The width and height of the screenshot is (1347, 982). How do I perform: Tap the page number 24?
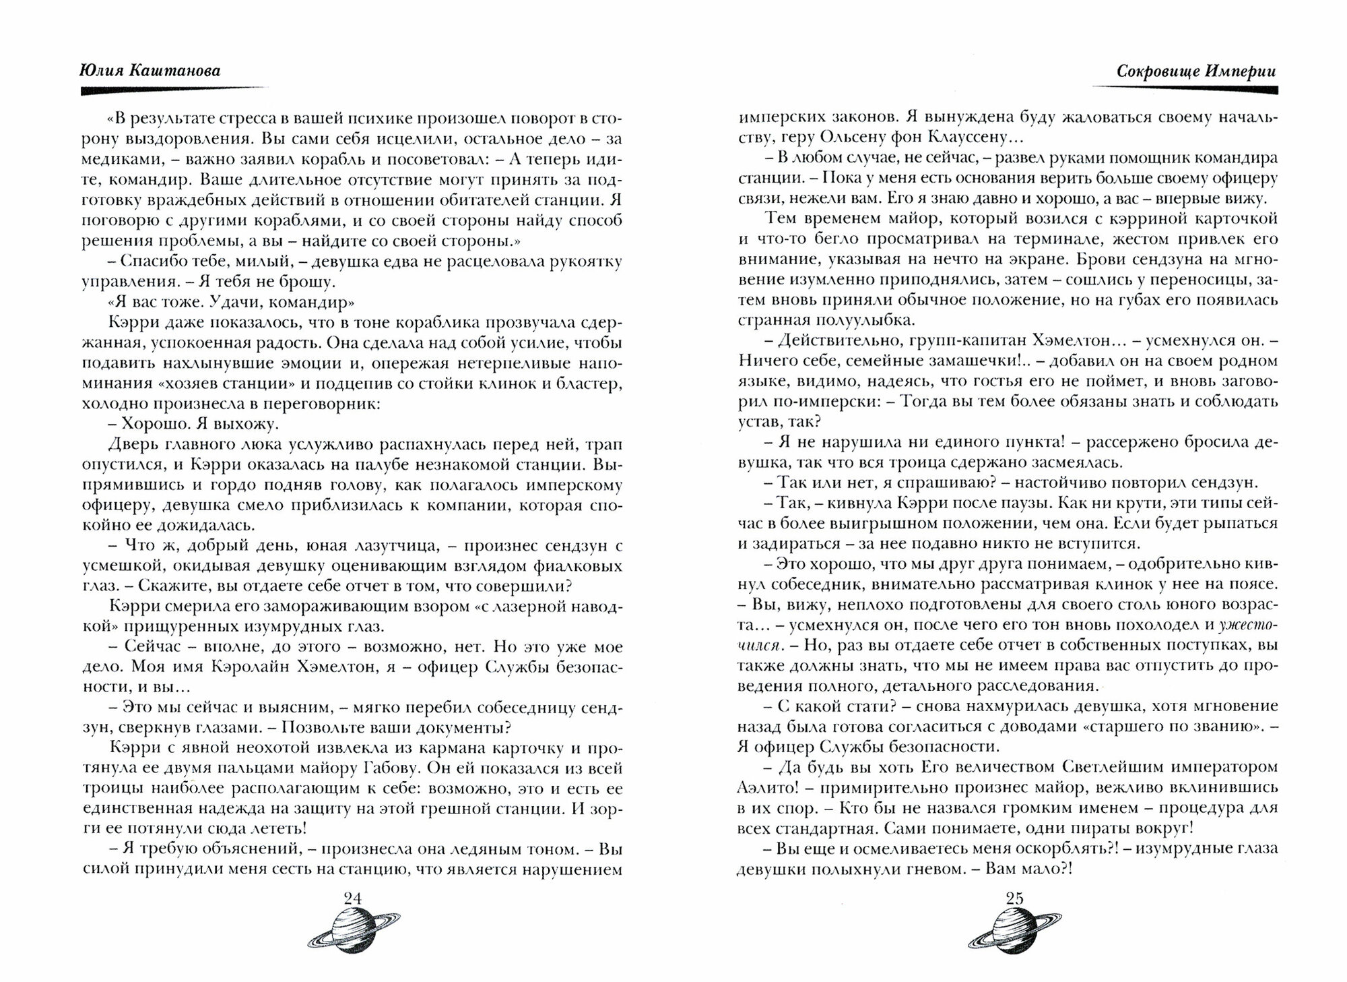click(352, 898)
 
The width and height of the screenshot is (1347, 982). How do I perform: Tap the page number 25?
click(1014, 898)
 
